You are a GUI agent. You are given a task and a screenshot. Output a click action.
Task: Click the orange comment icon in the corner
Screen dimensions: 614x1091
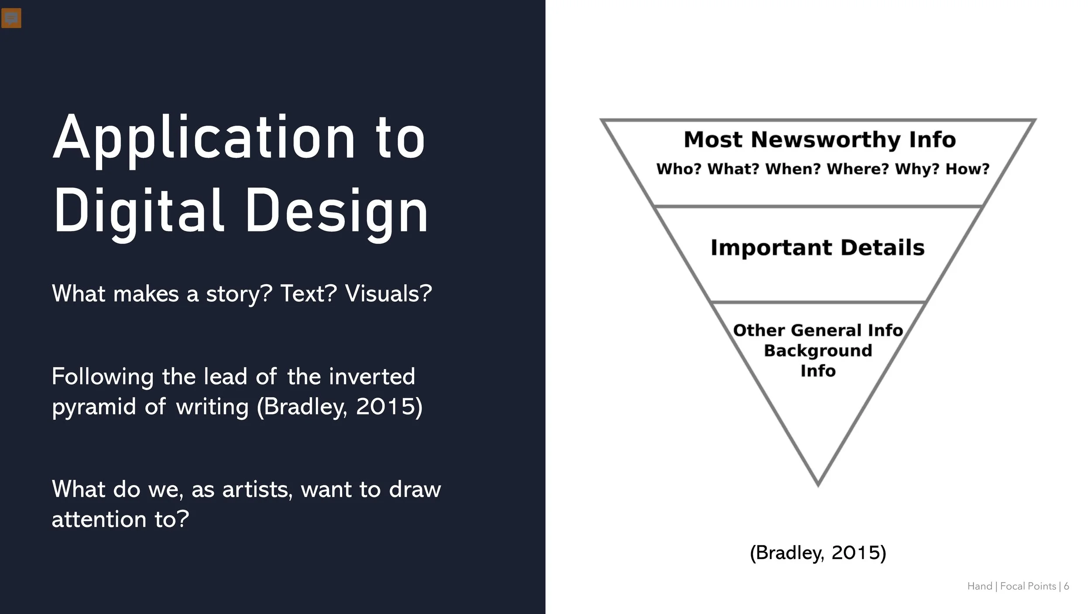coord(11,18)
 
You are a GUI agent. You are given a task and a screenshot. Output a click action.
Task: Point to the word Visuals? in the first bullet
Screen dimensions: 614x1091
coord(388,293)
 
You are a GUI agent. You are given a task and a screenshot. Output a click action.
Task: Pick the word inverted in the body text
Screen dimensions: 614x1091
coord(372,376)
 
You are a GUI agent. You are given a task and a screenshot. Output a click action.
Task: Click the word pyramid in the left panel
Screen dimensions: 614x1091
coord(94,407)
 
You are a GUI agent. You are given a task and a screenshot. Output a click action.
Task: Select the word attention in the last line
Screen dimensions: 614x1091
coord(99,520)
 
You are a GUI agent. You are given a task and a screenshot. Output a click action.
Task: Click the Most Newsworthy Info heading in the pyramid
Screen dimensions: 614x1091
coord(820,140)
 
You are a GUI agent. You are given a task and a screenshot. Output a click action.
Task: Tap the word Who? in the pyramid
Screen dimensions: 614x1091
coord(678,169)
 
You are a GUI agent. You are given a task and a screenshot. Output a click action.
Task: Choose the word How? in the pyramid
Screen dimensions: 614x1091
coord(967,169)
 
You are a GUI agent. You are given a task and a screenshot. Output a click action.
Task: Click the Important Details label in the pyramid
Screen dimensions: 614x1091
coord(817,248)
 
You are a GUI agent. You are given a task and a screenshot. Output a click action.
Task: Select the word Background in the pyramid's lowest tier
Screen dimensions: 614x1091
coord(818,351)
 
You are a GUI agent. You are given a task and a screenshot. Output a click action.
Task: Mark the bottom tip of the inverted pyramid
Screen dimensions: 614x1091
coord(818,484)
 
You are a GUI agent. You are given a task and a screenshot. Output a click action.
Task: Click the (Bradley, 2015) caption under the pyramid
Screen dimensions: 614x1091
coord(818,553)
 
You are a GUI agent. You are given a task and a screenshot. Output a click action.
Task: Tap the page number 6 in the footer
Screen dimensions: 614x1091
coord(1066,586)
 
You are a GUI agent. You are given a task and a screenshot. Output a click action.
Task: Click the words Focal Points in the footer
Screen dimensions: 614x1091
coord(1028,586)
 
